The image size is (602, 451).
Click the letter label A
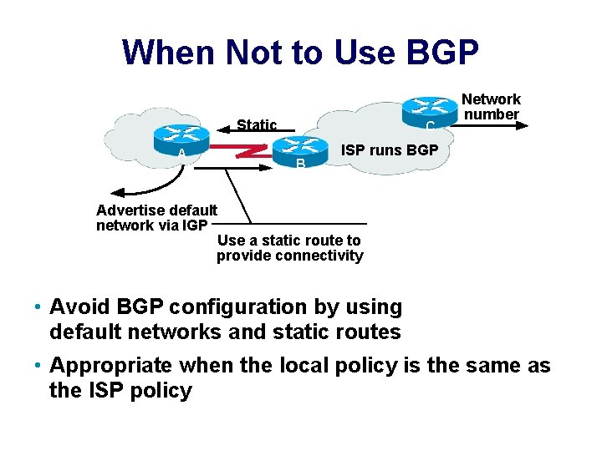pos(181,155)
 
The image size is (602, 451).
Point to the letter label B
pos(301,163)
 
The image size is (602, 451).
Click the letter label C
pos(429,126)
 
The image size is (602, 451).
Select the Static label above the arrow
pos(257,125)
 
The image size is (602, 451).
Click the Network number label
pos(492,107)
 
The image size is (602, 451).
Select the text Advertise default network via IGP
pos(156,217)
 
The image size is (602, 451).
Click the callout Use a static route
pos(289,248)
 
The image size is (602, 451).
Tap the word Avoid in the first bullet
pos(78,307)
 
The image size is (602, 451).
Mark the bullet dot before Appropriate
pos(39,367)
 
